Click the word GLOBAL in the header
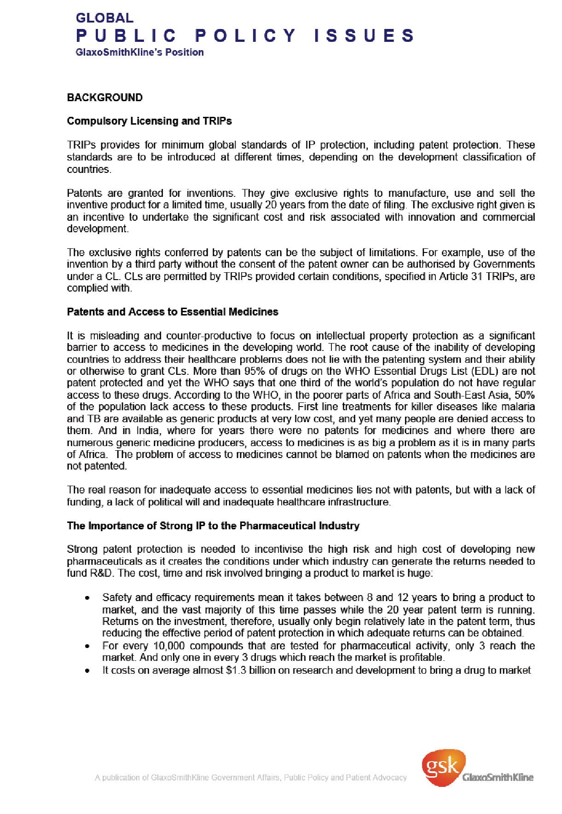pos(104,18)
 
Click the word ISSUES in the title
pos(364,36)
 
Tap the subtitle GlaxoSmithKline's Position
pos(139,52)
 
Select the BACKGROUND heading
pos(104,97)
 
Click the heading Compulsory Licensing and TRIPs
pos(149,121)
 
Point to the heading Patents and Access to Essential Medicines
pos(173,312)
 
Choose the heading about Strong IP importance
pos(213,526)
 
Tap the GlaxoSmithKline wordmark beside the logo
pos(498,778)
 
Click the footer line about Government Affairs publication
pos(251,778)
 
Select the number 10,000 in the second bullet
pos(169,646)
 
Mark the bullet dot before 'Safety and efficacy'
pos(87,598)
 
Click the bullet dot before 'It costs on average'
pos(87,671)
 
